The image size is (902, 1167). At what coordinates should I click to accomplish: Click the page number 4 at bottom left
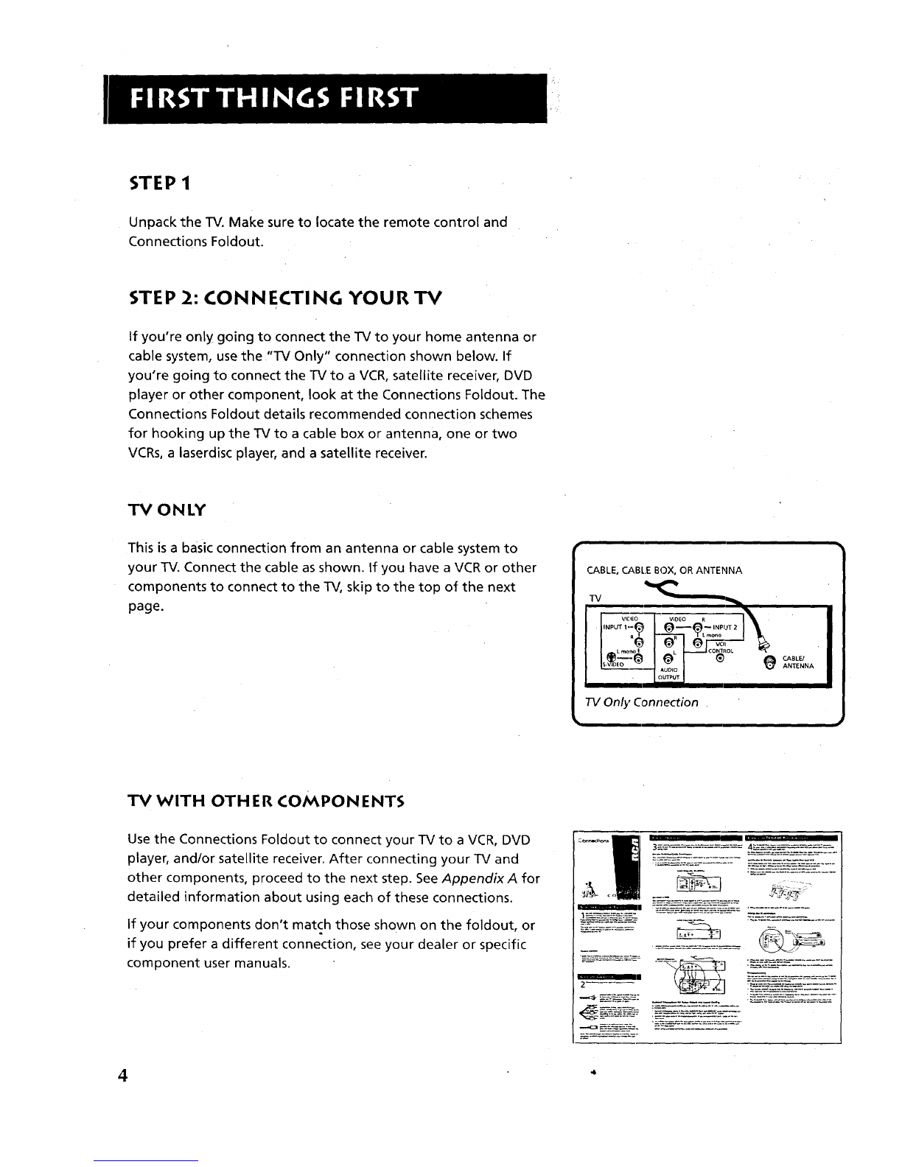point(123,1075)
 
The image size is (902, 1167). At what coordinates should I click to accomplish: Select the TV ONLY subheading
point(167,510)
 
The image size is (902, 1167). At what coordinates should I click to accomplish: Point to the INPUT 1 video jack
point(639,627)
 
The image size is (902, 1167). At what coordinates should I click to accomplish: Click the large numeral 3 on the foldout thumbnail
point(655,847)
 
